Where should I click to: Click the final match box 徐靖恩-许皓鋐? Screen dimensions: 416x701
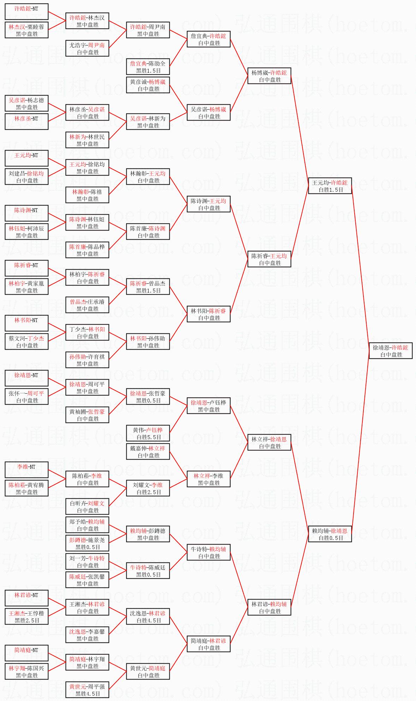pyautogui.click(x=391, y=351)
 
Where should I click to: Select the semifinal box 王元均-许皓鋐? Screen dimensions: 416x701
pyautogui.click(x=330, y=186)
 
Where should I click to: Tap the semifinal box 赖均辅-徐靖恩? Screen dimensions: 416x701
pyautogui.click(x=330, y=534)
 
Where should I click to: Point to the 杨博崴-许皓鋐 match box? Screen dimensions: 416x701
pyautogui.click(x=269, y=76)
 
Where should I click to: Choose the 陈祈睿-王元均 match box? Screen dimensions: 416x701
pyautogui.click(x=269, y=259)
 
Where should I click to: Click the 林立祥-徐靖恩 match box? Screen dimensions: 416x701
pyautogui.click(x=269, y=442)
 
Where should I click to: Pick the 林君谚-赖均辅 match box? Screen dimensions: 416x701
pyautogui.click(x=269, y=607)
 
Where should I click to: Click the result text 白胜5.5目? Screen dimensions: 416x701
pyautogui.click(x=149, y=437)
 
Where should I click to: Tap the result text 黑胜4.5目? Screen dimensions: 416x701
pyautogui.click(x=88, y=694)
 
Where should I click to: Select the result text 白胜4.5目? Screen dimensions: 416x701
pyautogui.click(x=149, y=620)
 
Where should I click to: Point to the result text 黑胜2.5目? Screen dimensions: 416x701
pyautogui.click(x=27, y=620)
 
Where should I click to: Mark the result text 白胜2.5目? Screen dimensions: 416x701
pyautogui.click(x=149, y=492)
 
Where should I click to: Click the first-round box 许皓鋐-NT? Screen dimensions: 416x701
pyautogui.click(x=26, y=12)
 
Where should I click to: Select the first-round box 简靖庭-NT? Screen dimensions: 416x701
pyautogui.click(x=26, y=653)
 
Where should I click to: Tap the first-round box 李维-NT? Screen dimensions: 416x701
pyautogui.click(x=26, y=470)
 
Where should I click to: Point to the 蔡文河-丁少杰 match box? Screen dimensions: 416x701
pyautogui.click(x=26, y=342)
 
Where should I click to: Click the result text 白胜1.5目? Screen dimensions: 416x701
pyautogui.click(x=331, y=190)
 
